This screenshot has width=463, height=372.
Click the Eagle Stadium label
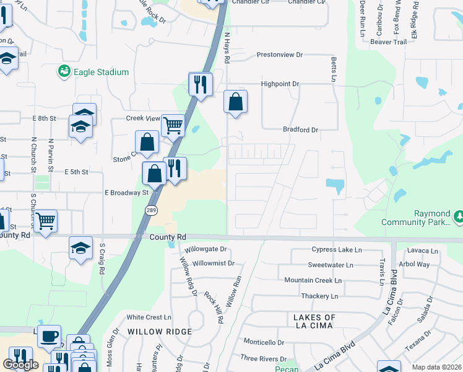coord(101,72)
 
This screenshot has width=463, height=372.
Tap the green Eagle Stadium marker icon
coord(64,72)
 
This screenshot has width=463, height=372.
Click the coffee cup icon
coord(49,337)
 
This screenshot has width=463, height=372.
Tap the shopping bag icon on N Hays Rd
coord(235,102)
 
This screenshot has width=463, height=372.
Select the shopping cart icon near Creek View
coord(173,125)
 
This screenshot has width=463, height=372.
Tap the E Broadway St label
coord(126,192)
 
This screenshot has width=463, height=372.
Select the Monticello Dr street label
coord(263,342)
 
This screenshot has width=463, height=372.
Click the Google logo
coord(20,365)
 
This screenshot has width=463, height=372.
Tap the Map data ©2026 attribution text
coord(436,367)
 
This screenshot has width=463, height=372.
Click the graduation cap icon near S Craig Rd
coord(81,248)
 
